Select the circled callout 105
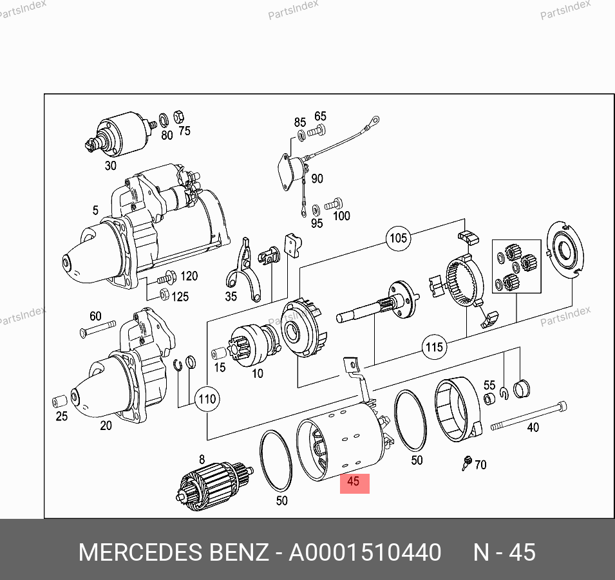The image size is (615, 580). [399, 238]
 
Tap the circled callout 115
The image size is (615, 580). [434, 347]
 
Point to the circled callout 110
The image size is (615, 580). [207, 399]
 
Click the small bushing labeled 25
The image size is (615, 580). [60, 401]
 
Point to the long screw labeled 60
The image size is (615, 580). [98, 329]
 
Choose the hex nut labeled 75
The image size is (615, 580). [178, 117]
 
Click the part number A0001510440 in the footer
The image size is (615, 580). [364, 552]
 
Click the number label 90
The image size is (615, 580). [317, 179]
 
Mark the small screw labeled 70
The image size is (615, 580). [467, 463]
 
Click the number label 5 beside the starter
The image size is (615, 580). [95, 210]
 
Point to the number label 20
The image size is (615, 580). [106, 426]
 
